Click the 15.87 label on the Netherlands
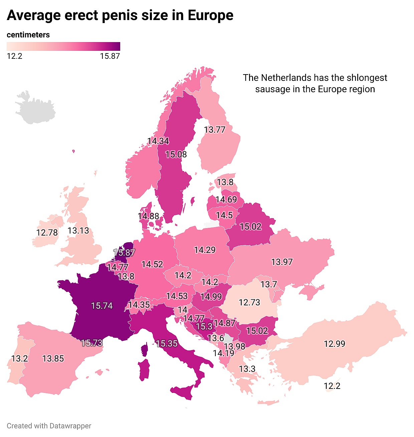click(124, 253)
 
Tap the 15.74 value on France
click(102, 306)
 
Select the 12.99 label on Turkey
click(335, 344)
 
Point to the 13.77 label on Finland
click(215, 130)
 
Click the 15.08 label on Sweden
click(176, 154)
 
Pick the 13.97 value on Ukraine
click(282, 262)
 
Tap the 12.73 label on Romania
click(249, 302)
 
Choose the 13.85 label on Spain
click(53, 358)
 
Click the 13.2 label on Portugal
click(20, 358)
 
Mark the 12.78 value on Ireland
click(47, 233)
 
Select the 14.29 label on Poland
click(205, 250)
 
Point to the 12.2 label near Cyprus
click(332, 386)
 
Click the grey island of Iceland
click(35, 108)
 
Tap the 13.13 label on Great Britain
click(78, 231)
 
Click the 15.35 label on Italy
click(167, 343)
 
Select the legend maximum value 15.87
click(110, 56)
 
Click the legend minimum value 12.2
click(15, 56)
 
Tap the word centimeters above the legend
click(28, 35)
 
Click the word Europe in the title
click(210, 15)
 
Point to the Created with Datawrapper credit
click(49, 426)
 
